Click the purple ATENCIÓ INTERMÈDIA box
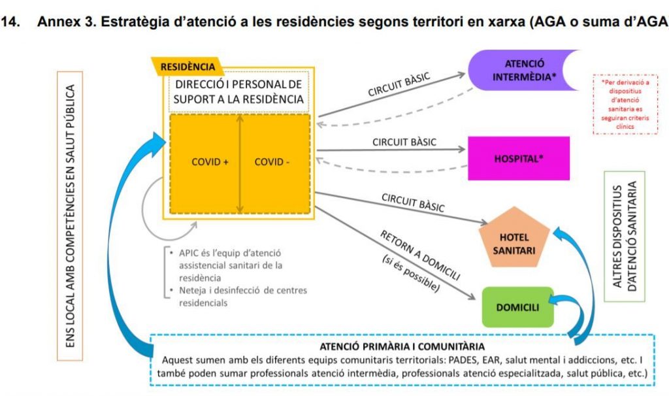pos(523,71)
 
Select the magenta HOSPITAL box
pos(519,158)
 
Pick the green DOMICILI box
pos(517,306)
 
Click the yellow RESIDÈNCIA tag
pos(188,67)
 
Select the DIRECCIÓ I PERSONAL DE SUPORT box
pos(239,92)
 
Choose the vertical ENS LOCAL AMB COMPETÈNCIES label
pos(73,216)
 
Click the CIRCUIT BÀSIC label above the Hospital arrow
pos(404,142)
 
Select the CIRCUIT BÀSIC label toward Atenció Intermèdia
pos(399,85)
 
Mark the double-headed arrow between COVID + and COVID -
pos(240,163)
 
